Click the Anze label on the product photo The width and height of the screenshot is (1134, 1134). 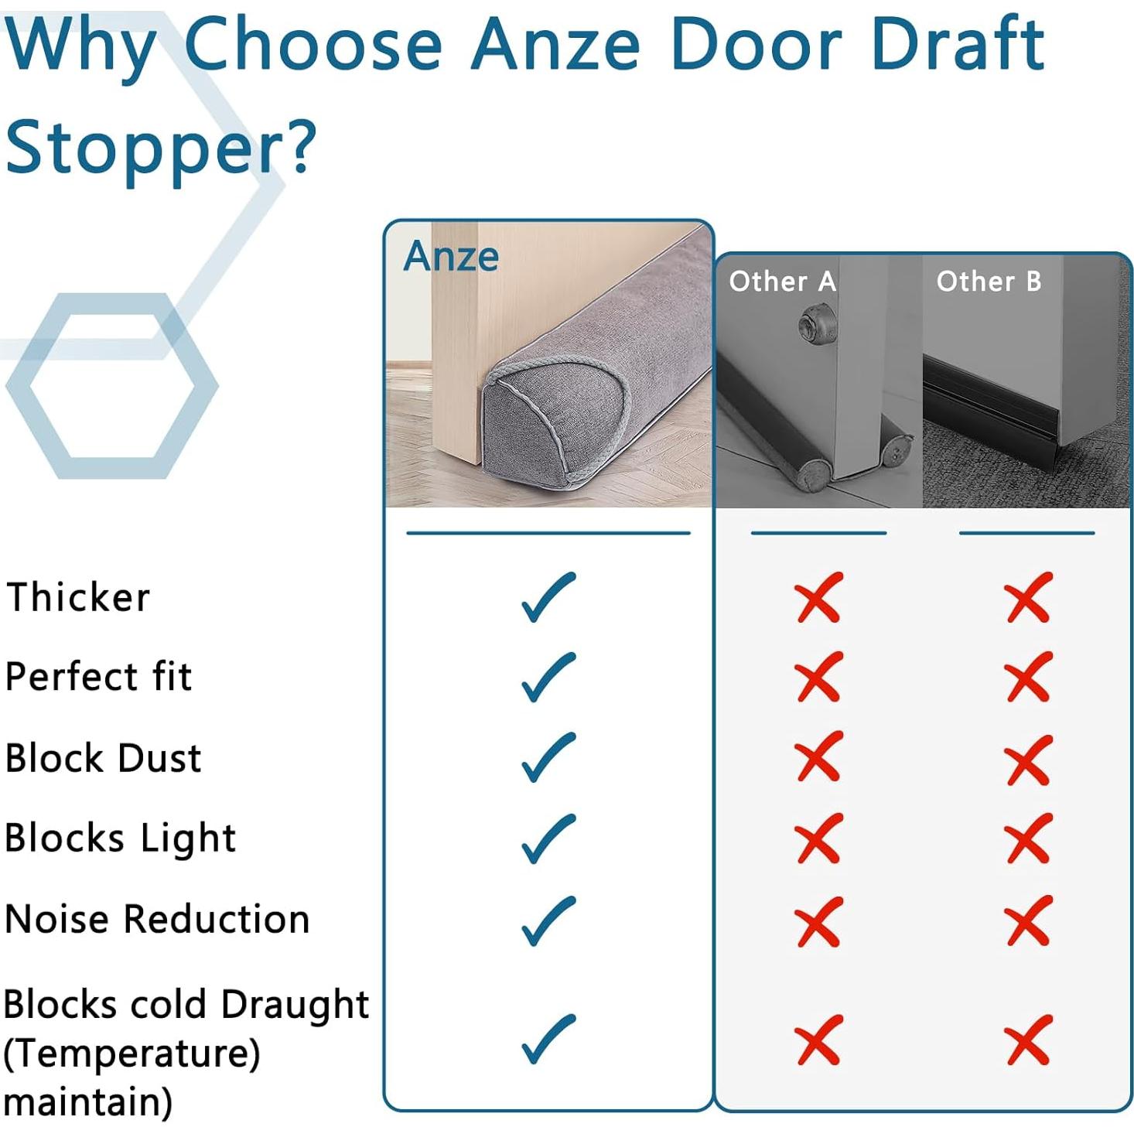(x=451, y=256)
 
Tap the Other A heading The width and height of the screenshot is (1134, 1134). (x=782, y=282)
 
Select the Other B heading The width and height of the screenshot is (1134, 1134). (x=989, y=282)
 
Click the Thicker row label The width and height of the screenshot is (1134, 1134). (x=78, y=597)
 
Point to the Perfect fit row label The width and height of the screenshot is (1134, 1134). (x=98, y=677)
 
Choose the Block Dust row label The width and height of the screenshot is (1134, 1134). (x=103, y=758)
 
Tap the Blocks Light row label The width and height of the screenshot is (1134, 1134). (x=120, y=839)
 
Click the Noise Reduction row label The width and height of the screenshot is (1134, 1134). (x=157, y=919)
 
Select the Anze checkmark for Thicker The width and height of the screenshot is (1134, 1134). (x=548, y=596)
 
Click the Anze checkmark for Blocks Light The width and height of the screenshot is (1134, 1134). (x=548, y=839)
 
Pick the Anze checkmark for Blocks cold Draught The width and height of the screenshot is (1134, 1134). (x=548, y=1039)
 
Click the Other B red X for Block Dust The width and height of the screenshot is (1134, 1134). (x=1029, y=758)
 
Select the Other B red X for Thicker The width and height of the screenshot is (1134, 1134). (x=1029, y=597)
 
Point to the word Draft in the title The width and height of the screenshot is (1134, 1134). (x=958, y=45)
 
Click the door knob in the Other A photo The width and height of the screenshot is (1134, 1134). (x=817, y=325)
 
